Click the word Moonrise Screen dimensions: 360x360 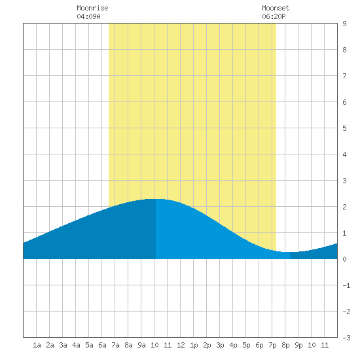click(92, 8)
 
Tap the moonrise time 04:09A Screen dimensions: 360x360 click(88, 16)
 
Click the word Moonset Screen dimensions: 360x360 click(276, 8)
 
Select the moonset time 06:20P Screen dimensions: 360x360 click(274, 16)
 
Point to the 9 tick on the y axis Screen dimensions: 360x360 click(344, 24)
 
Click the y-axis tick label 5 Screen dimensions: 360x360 click(344, 128)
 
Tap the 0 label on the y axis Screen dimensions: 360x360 click(344, 259)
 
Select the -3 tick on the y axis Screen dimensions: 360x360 click(346, 338)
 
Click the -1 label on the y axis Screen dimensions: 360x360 click(346, 285)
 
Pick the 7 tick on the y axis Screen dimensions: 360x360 click(344, 76)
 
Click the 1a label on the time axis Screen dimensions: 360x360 click(37, 345)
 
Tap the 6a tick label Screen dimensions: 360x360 click(102, 345)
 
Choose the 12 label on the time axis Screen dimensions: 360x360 click(181, 345)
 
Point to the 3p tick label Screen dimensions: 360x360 click(220, 345)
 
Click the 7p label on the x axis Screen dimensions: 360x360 click(272, 345)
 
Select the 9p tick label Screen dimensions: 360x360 click(298, 345)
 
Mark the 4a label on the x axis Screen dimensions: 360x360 click(76, 345)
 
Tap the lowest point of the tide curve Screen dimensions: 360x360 click(290, 252)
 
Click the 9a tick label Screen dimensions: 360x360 click(141, 345)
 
